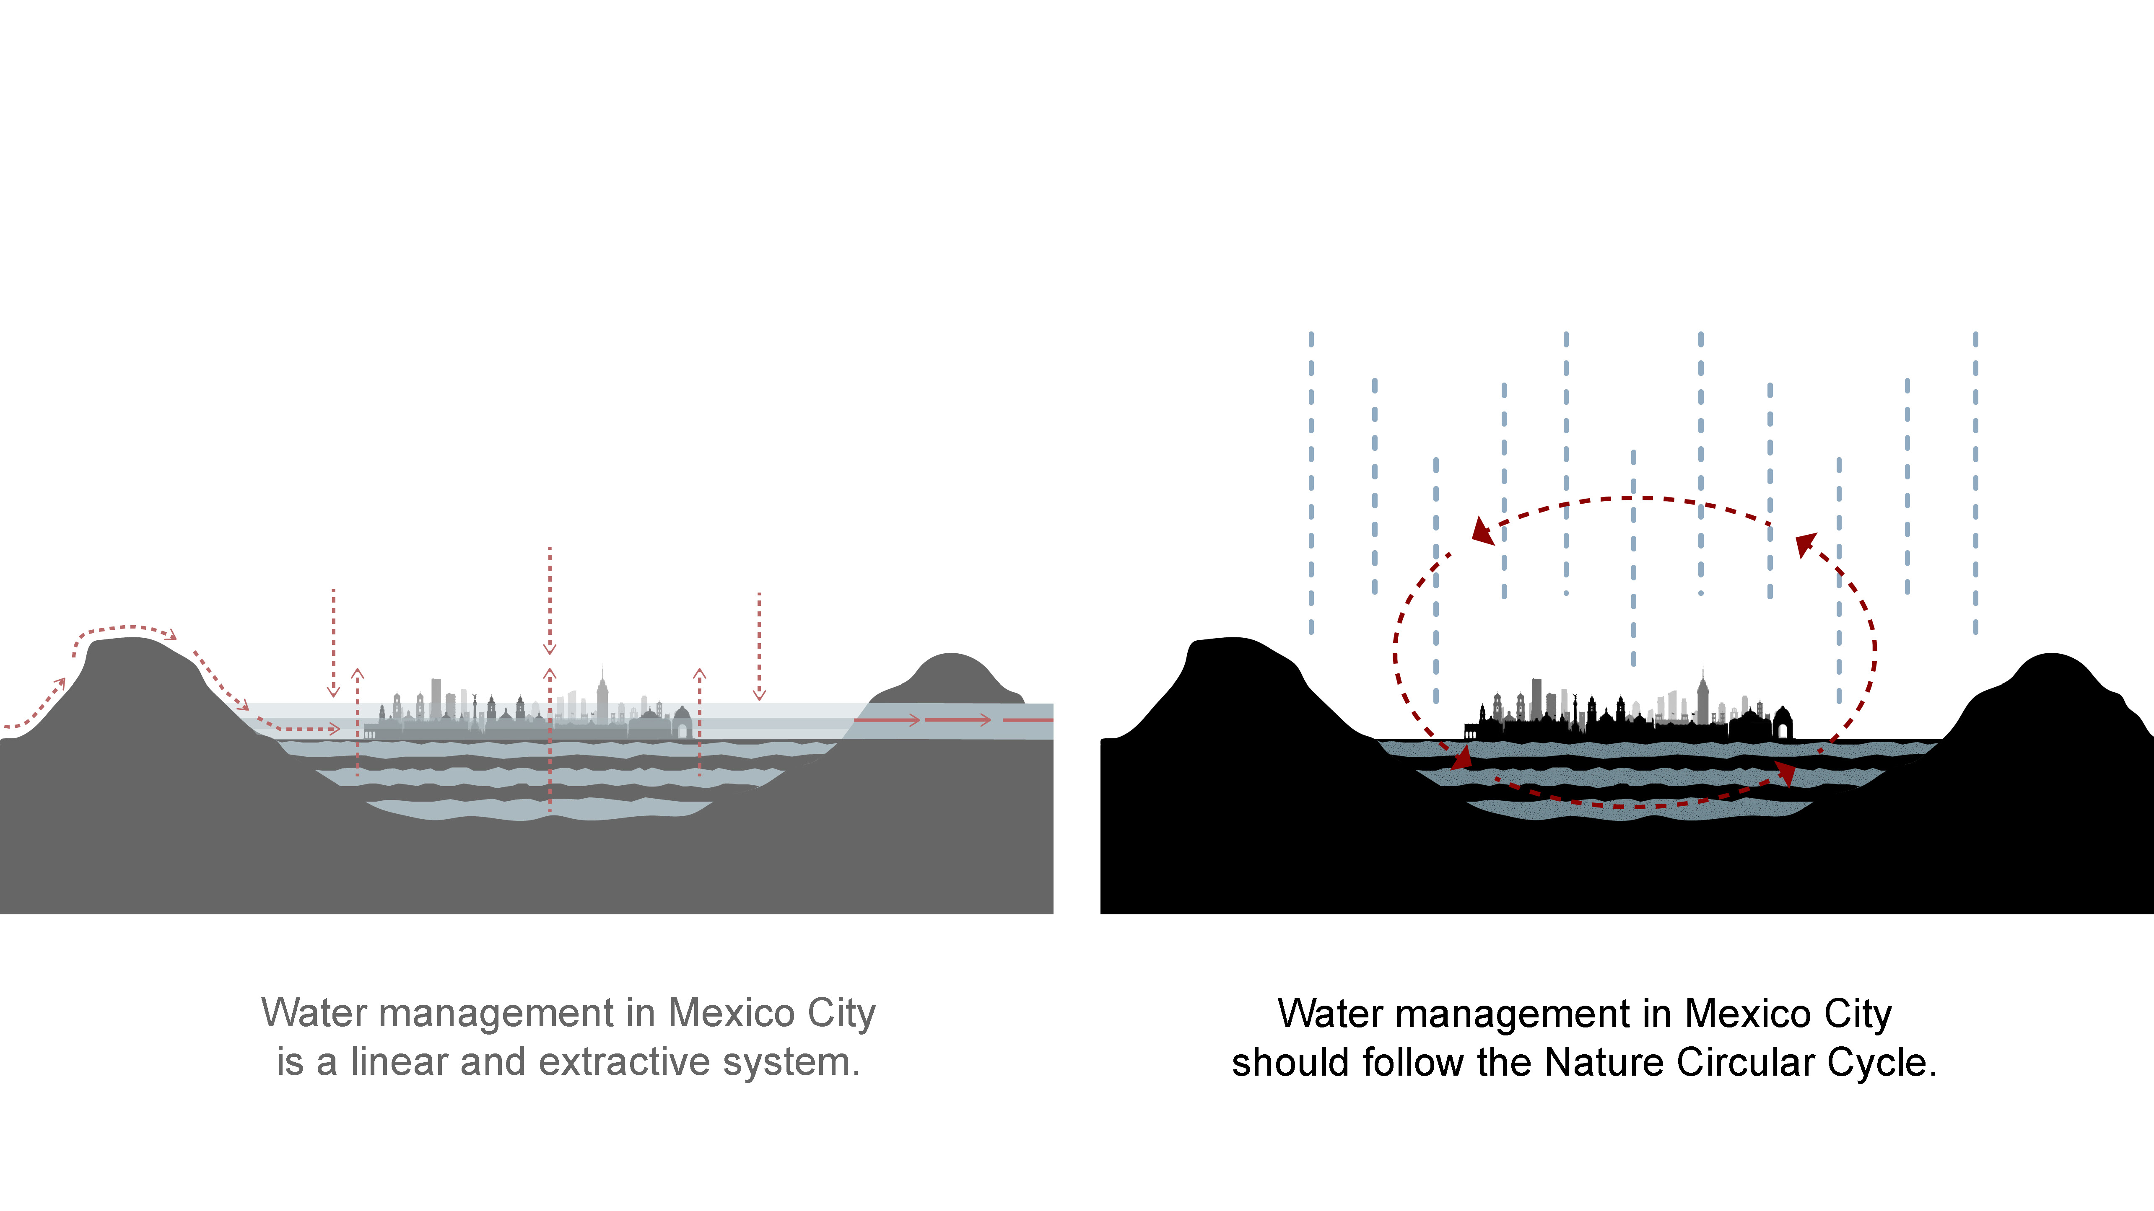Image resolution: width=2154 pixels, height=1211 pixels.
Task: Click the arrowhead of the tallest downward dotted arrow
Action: point(549,648)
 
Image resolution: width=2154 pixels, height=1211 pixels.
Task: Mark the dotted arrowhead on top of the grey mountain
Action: point(171,635)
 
